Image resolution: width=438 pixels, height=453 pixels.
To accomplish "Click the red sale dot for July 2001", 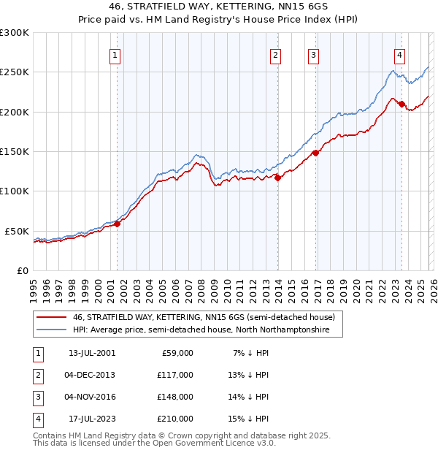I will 117,224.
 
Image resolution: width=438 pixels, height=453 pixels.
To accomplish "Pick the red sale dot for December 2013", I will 277,177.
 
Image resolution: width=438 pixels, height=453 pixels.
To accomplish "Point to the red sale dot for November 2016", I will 315,153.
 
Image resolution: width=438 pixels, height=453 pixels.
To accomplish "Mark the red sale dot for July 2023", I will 401,104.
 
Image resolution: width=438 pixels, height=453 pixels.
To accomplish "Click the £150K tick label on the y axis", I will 14,151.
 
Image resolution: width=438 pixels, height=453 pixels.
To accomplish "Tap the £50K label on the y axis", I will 16,231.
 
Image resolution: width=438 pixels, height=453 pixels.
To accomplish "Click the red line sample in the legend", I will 51,318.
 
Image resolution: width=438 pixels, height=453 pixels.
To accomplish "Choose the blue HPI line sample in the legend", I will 51,330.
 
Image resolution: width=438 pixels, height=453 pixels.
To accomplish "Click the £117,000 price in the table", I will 175,375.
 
